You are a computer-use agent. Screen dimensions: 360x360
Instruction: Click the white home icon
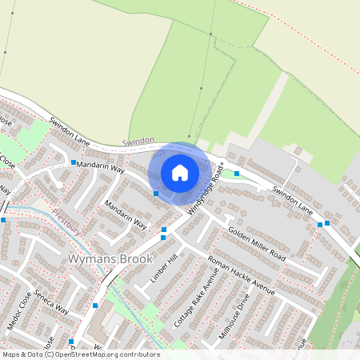180,172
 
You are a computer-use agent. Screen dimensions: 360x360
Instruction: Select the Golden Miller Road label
257,243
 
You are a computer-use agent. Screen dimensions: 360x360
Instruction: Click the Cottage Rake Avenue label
196,304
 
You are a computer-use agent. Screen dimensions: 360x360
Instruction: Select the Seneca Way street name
51,300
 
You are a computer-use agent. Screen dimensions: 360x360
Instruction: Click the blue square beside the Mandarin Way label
74,162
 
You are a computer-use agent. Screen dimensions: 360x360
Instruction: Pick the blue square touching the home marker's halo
156,193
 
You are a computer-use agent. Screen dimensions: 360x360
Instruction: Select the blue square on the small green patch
237,173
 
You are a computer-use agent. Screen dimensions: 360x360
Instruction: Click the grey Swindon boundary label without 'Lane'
138,141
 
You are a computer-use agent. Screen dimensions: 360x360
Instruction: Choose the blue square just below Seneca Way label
95,306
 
